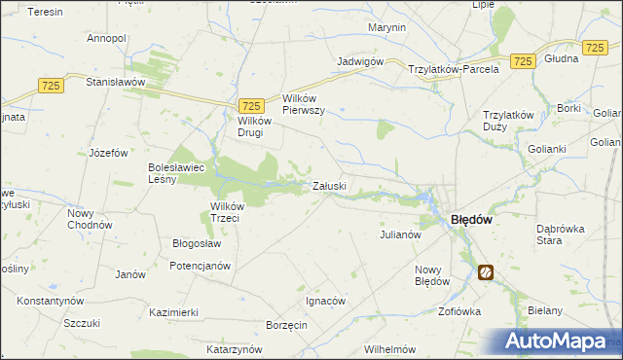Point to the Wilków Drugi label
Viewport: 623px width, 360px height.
[251, 127]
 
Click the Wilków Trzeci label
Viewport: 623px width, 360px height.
[232, 211]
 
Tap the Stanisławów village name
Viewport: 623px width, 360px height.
[115, 83]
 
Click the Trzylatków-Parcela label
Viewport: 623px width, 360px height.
[454, 69]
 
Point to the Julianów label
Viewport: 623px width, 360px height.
[399, 234]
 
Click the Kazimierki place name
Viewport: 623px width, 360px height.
[174, 312]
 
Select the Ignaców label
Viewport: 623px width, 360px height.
[325, 301]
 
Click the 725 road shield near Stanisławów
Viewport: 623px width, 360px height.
[52, 87]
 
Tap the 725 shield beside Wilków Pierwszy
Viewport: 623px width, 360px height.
[251, 106]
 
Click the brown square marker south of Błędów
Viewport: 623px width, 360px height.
[485, 272]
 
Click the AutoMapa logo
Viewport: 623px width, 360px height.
[560, 341]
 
